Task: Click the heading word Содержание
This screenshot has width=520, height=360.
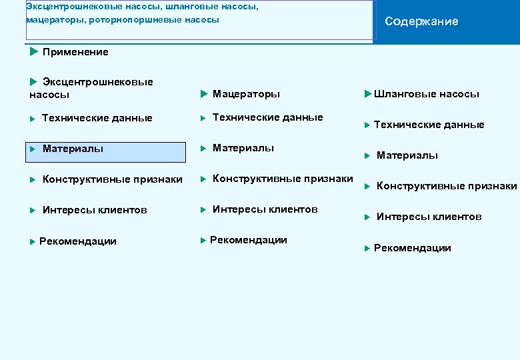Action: pos(421,21)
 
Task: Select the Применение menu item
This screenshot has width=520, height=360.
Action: pos(75,52)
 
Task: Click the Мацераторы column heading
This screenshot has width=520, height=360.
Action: pos(246,94)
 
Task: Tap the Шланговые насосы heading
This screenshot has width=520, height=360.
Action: pos(426,94)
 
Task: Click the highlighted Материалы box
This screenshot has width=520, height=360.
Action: pos(106,152)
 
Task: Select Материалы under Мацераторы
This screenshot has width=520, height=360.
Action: pos(243,148)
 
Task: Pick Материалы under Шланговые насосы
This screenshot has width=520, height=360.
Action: pos(407,155)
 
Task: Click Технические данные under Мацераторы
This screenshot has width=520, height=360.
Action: pos(267,117)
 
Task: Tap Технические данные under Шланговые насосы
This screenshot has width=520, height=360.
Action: pos(429,125)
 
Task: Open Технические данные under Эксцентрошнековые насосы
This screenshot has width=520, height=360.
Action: pos(97,118)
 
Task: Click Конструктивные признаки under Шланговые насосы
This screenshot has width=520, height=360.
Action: pos(446,186)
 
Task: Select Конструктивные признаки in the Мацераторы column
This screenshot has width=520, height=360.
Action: pos(283,179)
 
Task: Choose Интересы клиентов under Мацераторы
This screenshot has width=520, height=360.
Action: pos(265,209)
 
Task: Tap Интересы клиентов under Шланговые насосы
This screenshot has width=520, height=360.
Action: pos(429,217)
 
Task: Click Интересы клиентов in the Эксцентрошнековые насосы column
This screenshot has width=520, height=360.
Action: pos(95,210)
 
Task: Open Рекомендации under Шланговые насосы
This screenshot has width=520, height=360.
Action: pos(412,248)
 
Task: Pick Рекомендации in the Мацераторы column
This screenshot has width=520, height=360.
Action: pos(248,240)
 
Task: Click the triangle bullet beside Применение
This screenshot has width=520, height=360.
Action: pos(34,51)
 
